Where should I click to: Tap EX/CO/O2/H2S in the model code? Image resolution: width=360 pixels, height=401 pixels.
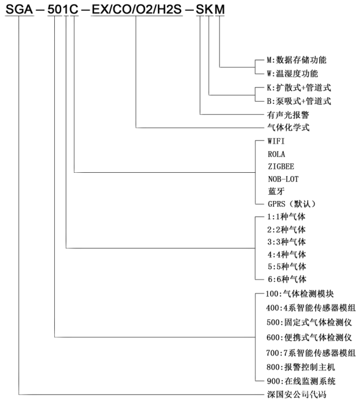[x=136, y=10]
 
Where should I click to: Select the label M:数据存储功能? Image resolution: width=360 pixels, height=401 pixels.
[x=297, y=59]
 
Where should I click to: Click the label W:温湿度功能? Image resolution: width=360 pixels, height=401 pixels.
[x=293, y=73]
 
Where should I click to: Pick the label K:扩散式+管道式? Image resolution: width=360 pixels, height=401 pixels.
[x=298, y=88]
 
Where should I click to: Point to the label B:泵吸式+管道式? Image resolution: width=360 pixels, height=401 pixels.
[x=298, y=102]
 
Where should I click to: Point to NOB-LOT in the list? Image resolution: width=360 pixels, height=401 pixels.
[x=283, y=179]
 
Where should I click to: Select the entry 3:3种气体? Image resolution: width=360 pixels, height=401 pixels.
[x=286, y=242]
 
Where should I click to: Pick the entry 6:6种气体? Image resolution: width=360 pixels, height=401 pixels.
[x=286, y=279]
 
